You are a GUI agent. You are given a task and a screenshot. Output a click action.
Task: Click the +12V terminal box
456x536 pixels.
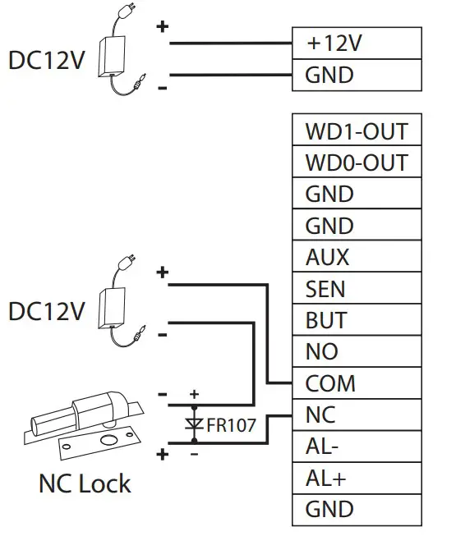[x=357, y=44]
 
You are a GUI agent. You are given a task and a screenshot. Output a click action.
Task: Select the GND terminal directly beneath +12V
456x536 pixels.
[x=357, y=76]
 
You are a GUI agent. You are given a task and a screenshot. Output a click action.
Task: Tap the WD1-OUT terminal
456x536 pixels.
[x=357, y=131]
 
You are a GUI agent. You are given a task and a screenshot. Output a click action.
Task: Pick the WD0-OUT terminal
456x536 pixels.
[x=357, y=163]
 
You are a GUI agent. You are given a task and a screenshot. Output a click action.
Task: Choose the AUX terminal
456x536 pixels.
[x=357, y=258]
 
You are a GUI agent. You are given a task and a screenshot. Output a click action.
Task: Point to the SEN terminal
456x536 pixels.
[x=357, y=289]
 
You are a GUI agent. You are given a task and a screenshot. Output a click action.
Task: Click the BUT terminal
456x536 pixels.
[x=357, y=320]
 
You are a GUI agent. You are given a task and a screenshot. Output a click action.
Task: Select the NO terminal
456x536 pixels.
[x=357, y=352]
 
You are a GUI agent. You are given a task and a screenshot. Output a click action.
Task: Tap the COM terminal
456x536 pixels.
[x=357, y=383]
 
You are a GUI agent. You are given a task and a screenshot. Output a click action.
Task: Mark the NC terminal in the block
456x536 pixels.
[x=357, y=415]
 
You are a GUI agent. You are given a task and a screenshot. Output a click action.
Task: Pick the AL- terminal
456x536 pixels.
[x=357, y=447]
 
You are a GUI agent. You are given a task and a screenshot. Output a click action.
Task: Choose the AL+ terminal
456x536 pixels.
[x=357, y=478]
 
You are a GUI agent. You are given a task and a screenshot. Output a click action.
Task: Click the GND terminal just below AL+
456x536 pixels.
[x=357, y=510]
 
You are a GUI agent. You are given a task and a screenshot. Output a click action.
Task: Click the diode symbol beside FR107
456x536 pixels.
[x=195, y=424]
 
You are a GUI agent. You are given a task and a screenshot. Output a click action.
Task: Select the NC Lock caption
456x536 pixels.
[x=84, y=483]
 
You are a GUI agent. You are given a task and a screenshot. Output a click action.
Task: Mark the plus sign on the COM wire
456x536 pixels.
[x=163, y=273]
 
